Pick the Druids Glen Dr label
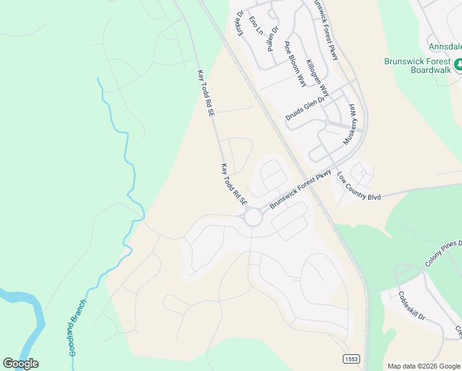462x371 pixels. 305,109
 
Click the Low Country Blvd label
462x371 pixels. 359,186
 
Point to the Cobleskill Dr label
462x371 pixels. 412,305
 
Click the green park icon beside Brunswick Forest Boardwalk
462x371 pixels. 458,64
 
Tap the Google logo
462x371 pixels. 20,364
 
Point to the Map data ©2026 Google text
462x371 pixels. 424,366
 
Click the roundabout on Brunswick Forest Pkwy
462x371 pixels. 253,217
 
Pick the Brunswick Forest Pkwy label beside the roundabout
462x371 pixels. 301,189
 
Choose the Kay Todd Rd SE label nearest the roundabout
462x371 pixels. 234,185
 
